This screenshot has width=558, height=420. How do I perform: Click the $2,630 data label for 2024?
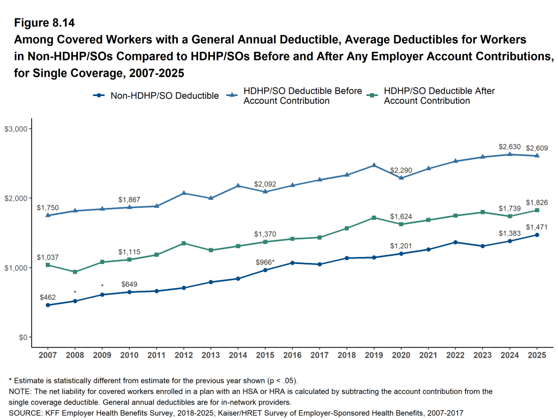click(x=510, y=147)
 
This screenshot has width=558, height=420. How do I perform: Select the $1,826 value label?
click(x=537, y=202)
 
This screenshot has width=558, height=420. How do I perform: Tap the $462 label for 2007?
click(x=48, y=297)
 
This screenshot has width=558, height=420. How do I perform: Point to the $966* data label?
click(x=265, y=262)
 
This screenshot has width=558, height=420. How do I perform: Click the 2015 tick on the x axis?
click(x=265, y=355)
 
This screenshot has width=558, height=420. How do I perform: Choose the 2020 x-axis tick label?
click(x=401, y=355)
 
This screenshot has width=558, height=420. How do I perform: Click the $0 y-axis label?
click(x=22, y=338)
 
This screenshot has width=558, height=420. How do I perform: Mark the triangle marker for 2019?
click(x=374, y=165)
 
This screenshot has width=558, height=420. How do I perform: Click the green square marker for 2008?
click(x=75, y=272)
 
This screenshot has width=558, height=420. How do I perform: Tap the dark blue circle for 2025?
click(x=537, y=235)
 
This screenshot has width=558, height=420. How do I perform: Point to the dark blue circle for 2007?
click(x=48, y=305)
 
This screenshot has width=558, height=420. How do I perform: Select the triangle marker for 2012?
click(x=184, y=193)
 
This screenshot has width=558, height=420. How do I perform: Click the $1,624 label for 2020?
click(x=401, y=216)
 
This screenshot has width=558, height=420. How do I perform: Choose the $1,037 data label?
click(x=47, y=257)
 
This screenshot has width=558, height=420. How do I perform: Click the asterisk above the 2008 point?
click(x=75, y=293)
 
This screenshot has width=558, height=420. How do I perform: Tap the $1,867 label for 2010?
click(x=129, y=200)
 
